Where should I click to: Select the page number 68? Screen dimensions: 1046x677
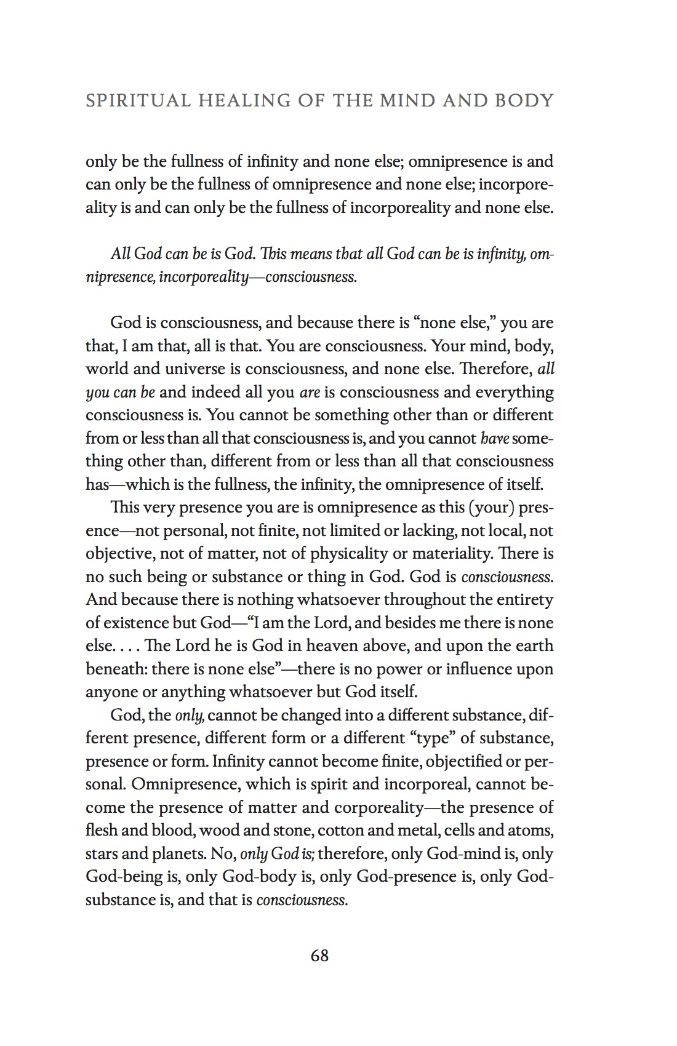[320, 956]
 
